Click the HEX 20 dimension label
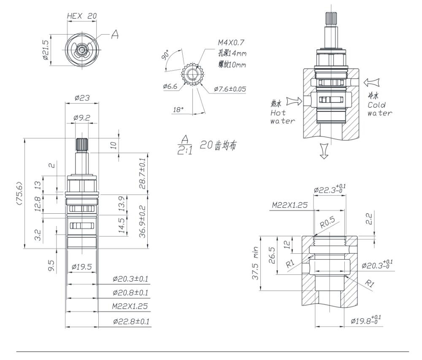point(81,16)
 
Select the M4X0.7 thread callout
point(231,43)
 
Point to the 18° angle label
point(178,110)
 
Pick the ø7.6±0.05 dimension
point(230,89)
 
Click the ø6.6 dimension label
point(170,86)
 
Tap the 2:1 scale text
point(185,151)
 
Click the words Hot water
point(283,117)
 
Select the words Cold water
point(380,109)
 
